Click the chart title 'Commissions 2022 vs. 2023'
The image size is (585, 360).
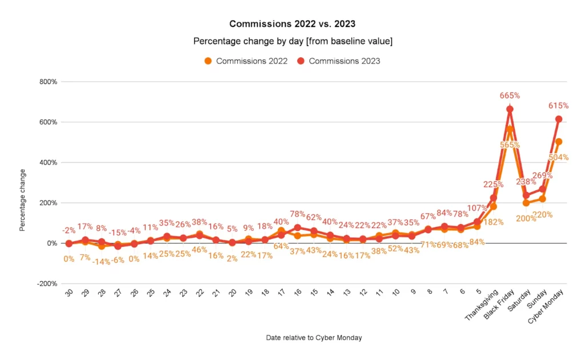point(292,23)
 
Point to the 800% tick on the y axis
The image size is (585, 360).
point(47,82)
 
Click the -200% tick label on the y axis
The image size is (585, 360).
point(46,283)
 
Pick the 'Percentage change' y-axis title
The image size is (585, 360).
point(23,200)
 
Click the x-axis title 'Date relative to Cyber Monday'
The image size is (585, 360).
point(314,338)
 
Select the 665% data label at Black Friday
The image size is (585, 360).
point(510,95)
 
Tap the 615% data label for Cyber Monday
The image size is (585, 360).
point(558,106)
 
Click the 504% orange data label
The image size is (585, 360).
point(558,157)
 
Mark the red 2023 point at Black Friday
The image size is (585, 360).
point(510,109)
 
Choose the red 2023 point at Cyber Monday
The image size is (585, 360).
point(559,119)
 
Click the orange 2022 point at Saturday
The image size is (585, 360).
point(526,203)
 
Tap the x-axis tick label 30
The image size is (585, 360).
point(69,293)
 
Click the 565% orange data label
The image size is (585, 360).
point(510,145)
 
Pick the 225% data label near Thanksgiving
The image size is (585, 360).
point(493,184)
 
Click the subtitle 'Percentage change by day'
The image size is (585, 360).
point(292,41)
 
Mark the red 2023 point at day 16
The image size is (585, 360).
point(297,227)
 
